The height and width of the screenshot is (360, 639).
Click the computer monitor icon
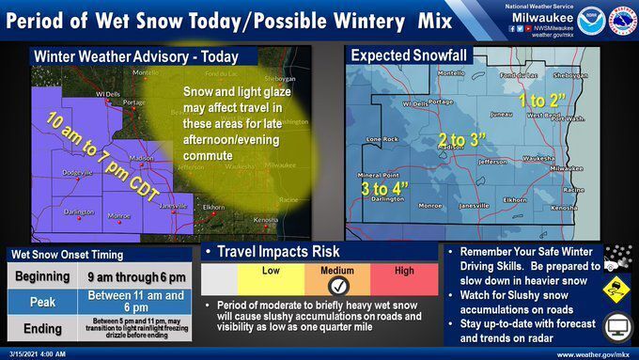tap(616, 327)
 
